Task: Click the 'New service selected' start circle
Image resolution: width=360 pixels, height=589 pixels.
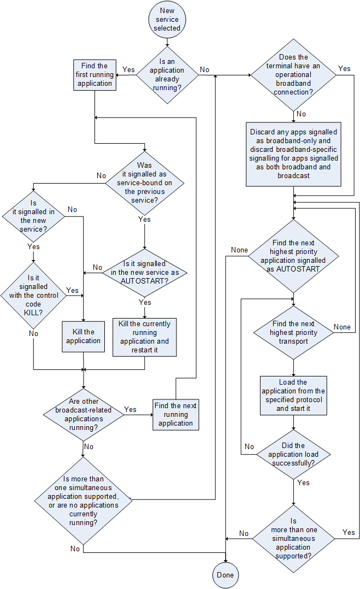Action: (167, 19)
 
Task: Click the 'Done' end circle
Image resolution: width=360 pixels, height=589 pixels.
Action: (225, 575)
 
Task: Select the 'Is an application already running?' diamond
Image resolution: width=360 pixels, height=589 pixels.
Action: (167, 74)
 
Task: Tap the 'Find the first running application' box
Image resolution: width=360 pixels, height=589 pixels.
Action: (95, 75)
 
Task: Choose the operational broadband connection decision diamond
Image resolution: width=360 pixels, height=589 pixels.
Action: (294, 75)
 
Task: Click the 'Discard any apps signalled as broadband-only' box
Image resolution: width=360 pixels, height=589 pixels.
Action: (294, 154)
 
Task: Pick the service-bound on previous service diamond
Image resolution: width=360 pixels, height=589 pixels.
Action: (144, 182)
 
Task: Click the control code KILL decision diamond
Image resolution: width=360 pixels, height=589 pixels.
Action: (33, 296)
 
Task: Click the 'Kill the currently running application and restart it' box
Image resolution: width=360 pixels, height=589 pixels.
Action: (144, 337)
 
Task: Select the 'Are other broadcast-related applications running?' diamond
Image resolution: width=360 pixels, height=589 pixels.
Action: (83, 414)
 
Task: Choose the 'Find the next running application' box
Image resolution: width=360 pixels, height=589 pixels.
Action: (175, 414)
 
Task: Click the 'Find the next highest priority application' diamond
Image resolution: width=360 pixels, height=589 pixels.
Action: (294, 256)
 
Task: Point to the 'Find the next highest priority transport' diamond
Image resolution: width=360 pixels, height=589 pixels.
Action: (294, 332)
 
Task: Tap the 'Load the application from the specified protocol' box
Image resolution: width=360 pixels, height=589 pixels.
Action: (294, 395)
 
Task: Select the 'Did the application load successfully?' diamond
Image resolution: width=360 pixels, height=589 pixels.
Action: (294, 454)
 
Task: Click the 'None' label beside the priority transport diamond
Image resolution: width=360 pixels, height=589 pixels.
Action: (342, 327)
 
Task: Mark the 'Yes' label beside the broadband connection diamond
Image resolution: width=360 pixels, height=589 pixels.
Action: (344, 68)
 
